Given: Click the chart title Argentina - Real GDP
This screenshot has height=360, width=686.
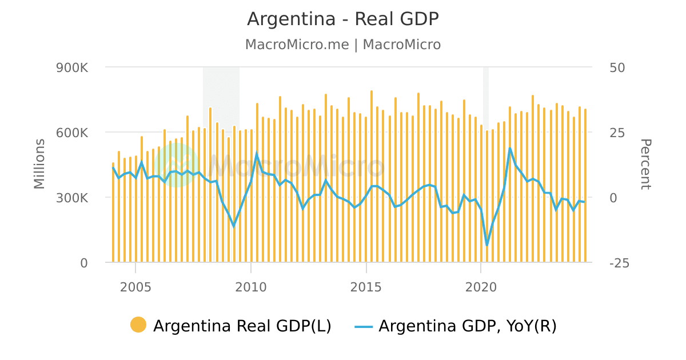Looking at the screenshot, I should point(342,19).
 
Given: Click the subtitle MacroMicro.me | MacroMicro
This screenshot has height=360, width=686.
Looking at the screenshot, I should point(342,45).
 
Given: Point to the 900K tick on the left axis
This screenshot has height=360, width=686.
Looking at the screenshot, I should point(71,67).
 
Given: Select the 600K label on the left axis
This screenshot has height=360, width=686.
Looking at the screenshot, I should point(71,133).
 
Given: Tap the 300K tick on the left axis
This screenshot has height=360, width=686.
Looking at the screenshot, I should point(71,198).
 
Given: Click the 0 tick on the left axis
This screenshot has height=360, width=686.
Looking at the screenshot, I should point(83,263).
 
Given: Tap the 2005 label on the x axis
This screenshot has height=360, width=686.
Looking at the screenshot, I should point(135,287).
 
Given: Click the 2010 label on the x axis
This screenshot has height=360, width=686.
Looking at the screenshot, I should point(251,287).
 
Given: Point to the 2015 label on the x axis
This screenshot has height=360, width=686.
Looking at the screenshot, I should point(366,287).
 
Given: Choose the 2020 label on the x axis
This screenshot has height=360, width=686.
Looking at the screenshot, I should point(481,287).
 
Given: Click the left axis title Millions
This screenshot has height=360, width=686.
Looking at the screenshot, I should point(39,164).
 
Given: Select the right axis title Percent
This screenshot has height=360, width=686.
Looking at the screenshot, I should point(645,164).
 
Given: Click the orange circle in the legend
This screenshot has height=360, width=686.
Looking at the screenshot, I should point(138,325).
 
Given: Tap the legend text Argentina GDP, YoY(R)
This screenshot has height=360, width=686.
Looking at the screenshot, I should point(467,326).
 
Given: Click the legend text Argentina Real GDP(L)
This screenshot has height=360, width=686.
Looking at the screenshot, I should point(242,326).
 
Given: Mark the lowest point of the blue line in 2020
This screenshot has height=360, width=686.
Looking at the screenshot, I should point(487,246).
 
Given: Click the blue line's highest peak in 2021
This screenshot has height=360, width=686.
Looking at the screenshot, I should point(510,148).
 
